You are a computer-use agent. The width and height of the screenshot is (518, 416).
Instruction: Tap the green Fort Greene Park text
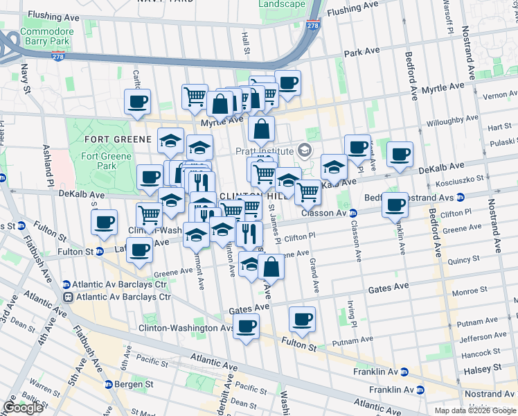(x=98, y=161)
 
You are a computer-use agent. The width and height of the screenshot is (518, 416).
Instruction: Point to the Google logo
(x=23, y=408)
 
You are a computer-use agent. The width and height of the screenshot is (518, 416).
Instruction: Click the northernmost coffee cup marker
(x=287, y=83)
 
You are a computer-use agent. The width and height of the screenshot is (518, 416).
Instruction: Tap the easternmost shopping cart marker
(x=307, y=191)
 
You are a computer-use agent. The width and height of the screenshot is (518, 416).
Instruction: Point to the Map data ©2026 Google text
(x=475, y=410)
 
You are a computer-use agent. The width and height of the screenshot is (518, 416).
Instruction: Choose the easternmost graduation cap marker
(x=334, y=167)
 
